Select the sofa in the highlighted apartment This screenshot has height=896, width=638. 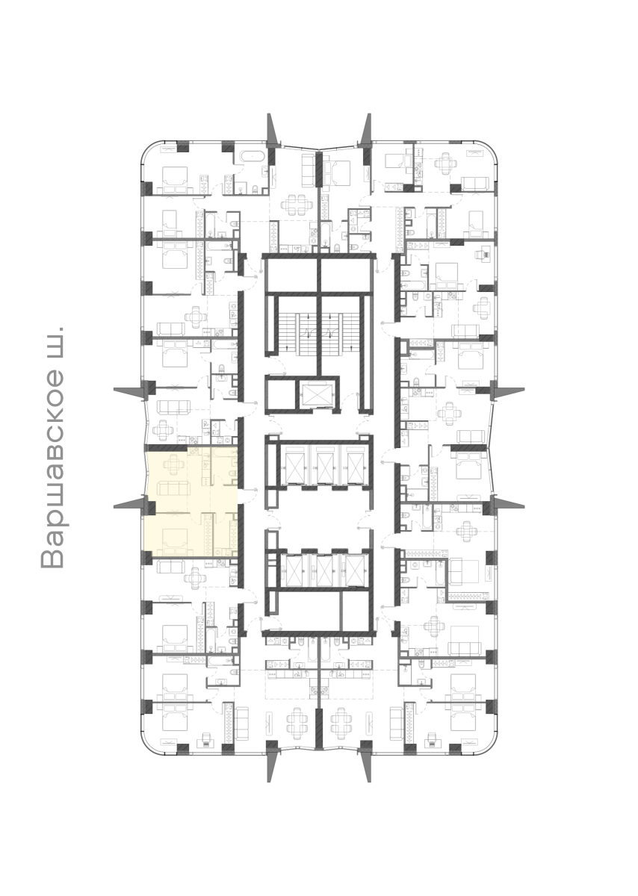click(x=173, y=489)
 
